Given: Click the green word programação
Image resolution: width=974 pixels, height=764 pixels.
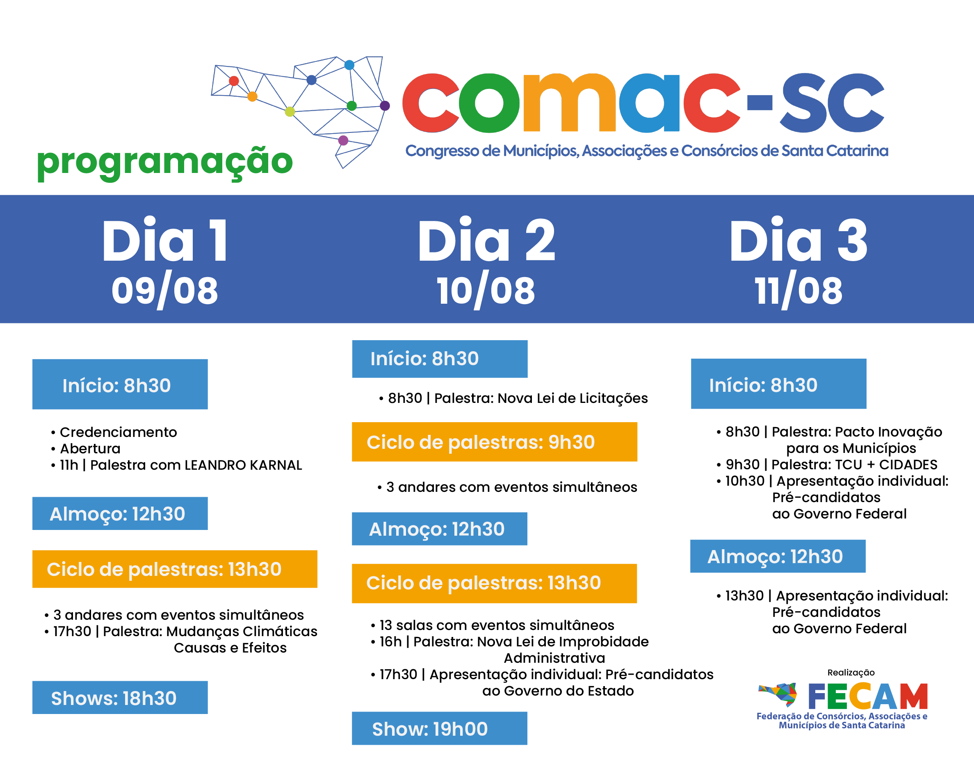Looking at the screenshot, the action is click(x=165, y=163).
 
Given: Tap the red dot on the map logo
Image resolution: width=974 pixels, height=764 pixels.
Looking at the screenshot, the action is click(x=234, y=81).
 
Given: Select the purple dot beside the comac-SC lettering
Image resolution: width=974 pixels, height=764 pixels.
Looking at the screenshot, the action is click(x=385, y=106).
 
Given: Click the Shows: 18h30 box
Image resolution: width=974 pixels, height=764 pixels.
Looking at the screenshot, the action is click(x=120, y=697).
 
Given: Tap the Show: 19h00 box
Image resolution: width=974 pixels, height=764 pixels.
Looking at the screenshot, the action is click(x=440, y=728).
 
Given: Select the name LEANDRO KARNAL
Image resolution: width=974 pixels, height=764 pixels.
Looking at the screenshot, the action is click(x=243, y=465).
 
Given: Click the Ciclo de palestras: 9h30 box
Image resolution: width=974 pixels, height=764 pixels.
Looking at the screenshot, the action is click(x=495, y=442).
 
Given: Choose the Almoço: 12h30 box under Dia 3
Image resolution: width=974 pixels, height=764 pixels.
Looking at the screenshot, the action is click(x=778, y=557).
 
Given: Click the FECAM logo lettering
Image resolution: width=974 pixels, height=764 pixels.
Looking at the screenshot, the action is click(x=868, y=696).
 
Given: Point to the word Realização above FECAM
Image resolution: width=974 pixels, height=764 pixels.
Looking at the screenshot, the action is click(x=851, y=672).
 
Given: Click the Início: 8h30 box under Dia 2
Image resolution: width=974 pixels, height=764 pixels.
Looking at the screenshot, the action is click(x=440, y=359).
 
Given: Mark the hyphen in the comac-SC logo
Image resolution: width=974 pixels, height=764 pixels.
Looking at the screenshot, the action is click(x=760, y=102).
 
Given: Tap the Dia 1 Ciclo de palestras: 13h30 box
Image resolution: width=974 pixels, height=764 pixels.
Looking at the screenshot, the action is click(x=175, y=569).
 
